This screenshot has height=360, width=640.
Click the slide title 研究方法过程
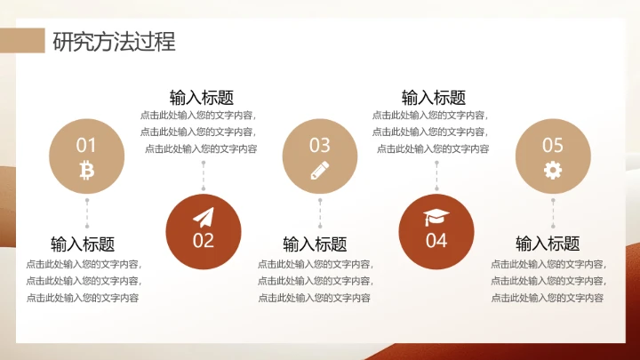click(113, 41)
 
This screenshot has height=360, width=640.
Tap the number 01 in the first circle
click(86, 145)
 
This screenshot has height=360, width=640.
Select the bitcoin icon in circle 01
click(86, 169)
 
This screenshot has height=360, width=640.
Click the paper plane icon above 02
click(204, 218)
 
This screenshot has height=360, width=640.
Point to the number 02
click(204, 240)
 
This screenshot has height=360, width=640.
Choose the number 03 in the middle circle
click(319, 145)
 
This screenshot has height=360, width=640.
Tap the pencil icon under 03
click(320, 170)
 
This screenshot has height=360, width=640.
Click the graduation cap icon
click(436, 218)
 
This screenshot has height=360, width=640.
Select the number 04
click(436, 240)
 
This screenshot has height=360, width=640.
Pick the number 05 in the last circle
click(553, 145)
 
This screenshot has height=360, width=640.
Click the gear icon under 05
click(553, 170)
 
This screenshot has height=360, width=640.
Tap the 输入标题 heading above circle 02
click(202, 98)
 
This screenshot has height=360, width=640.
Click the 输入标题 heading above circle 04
click(434, 98)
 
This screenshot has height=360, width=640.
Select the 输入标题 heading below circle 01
click(83, 244)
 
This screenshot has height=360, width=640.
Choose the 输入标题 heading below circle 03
click(315, 244)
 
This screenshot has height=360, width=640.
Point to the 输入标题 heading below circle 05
click(548, 244)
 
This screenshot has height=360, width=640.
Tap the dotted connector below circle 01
click(86, 213)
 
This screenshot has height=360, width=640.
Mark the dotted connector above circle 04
click(436, 176)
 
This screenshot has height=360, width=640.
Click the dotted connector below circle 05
click(553, 213)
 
